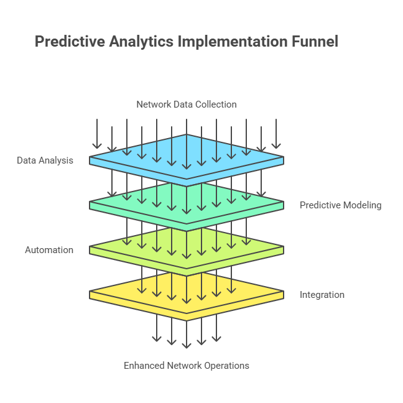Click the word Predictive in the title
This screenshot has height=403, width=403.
[70, 42]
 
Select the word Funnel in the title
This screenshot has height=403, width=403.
[315, 42]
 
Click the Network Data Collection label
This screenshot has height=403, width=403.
[187, 104]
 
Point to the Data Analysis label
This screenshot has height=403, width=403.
[45, 160]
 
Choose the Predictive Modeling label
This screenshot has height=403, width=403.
[340, 205]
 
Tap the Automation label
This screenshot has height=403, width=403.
[49, 250]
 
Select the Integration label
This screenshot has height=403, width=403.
[322, 295]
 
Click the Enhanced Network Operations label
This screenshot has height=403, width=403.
[187, 366]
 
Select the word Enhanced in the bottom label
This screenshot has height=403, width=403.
[144, 366]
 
